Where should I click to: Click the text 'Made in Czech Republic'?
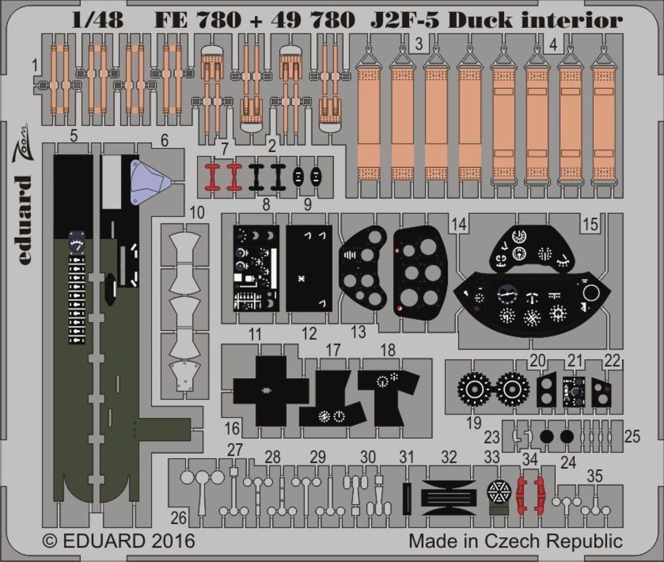point(515,541)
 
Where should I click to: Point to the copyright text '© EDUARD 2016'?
point(119,541)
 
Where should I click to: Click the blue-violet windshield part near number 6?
point(150,182)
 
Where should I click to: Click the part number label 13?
point(359,332)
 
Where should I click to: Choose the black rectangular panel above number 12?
point(309,268)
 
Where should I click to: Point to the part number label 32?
point(450,457)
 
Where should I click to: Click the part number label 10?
point(196,213)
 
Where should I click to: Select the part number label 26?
point(177,517)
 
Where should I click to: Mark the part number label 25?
point(633,436)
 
